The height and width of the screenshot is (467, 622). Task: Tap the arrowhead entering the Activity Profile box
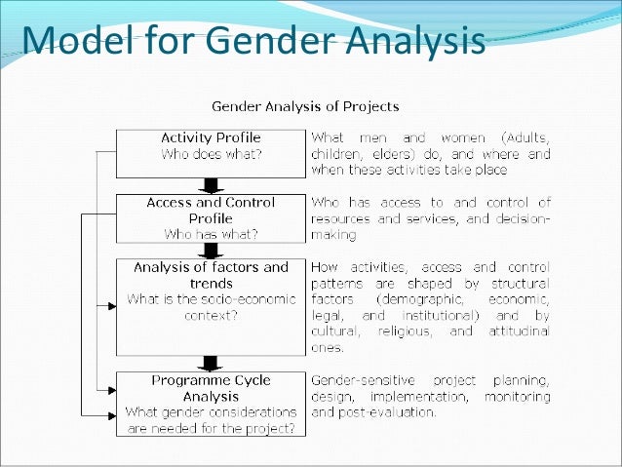point(112,151)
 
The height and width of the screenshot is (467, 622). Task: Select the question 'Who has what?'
point(210,235)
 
